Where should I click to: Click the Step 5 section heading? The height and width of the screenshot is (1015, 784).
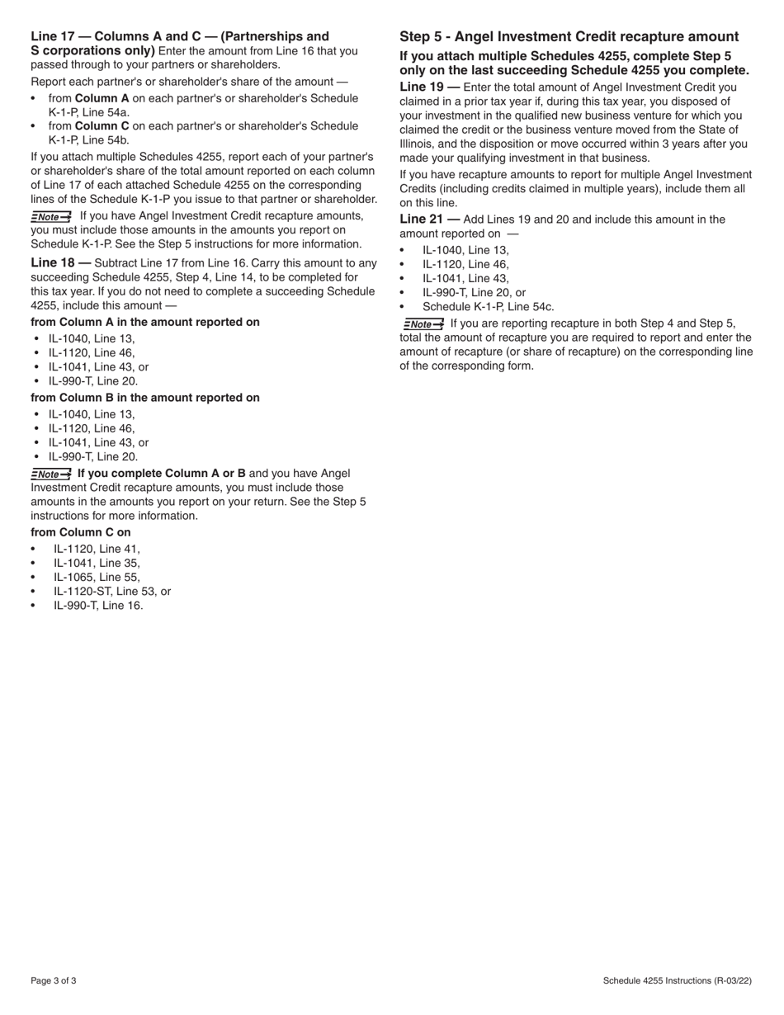tap(569, 36)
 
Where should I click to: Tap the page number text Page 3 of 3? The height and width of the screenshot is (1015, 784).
tap(54, 980)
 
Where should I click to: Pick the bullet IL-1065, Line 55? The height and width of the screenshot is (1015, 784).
tap(97, 577)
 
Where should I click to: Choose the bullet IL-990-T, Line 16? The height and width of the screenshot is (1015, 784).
tap(98, 605)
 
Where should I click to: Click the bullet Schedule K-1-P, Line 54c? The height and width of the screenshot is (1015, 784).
tap(488, 306)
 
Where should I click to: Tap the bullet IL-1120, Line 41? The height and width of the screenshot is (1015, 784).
tap(97, 549)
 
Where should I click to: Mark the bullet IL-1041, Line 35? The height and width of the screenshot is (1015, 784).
tap(97, 563)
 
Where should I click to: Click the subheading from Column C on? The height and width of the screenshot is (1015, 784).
tap(81, 532)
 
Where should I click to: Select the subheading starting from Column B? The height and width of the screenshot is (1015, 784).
tap(144, 398)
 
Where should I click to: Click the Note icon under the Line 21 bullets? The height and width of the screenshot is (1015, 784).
tap(423, 324)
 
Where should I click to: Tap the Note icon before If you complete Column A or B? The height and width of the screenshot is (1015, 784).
tap(51, 474)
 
